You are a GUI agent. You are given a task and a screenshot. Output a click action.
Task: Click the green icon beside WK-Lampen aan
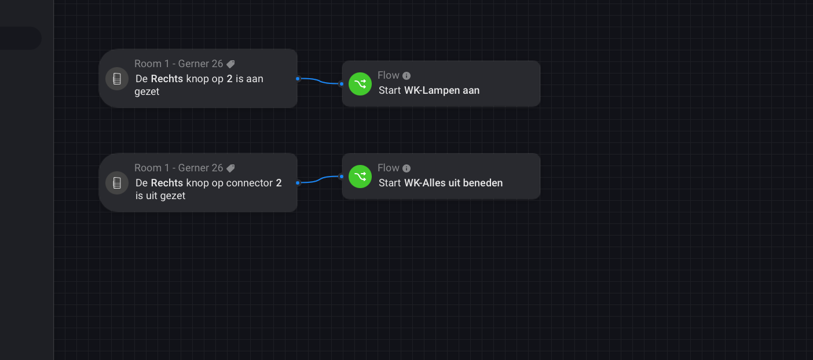[360, 84]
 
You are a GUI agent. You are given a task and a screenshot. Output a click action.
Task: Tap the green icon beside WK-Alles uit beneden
[360, 177]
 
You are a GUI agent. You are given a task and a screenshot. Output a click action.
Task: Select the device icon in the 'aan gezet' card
[117, 79]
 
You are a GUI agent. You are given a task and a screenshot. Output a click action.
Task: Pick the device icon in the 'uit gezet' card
[117, 183]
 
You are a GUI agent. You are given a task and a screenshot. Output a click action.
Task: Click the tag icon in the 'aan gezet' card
[230, 64]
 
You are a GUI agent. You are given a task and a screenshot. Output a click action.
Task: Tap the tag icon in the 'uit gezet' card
[230, 168]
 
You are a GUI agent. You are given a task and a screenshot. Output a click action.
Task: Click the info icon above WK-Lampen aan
[407, 76]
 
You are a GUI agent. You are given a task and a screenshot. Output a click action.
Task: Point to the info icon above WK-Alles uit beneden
[407, 168]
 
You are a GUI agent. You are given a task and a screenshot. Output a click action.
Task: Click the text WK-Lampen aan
[442, 90]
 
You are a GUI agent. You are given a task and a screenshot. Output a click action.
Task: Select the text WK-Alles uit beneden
[453, 183]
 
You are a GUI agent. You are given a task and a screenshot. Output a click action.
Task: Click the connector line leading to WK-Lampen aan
[319, 81]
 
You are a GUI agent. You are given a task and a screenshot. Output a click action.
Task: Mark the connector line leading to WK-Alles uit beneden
[319, 180]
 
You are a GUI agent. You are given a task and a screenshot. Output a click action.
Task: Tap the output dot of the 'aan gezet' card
[298, 78]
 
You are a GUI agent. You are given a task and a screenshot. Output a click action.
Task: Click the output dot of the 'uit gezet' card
[298, 182]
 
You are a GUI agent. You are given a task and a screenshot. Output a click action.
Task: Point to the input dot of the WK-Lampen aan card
[342, 84]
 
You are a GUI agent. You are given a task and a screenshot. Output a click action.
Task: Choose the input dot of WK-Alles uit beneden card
[342, 177]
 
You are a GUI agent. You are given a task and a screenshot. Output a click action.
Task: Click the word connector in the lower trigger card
[250, 183]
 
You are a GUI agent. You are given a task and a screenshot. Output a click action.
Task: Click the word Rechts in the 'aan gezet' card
[167, 79]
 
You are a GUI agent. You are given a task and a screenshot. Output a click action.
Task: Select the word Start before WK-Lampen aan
[390, 90]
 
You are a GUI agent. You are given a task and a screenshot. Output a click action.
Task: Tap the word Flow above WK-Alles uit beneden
[389, 168]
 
